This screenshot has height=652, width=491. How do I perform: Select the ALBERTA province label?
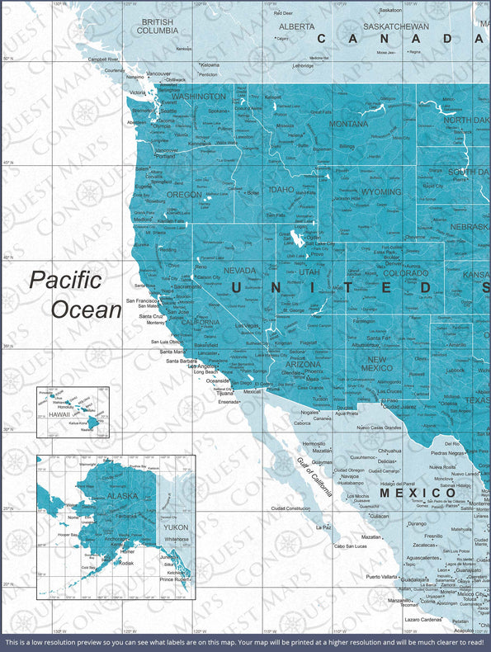click(295, 26)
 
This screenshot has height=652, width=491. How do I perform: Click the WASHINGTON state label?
click(198, 97)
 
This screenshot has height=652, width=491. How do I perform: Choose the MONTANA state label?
click(348, 124)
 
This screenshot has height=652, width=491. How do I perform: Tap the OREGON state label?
click(184, 195)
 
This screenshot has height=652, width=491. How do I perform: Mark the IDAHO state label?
click(281, 189)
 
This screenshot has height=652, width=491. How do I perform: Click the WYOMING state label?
click(381, 191)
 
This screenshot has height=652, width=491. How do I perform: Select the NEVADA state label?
click(239, 270)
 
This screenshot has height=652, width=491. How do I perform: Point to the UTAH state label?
click(309, 272)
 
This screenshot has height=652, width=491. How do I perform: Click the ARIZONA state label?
click(303, 364)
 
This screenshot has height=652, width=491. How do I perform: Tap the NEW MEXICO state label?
click(376, 364)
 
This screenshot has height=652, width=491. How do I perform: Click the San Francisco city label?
click(142, 300)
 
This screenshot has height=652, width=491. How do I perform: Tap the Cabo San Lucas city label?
click(350, 546)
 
